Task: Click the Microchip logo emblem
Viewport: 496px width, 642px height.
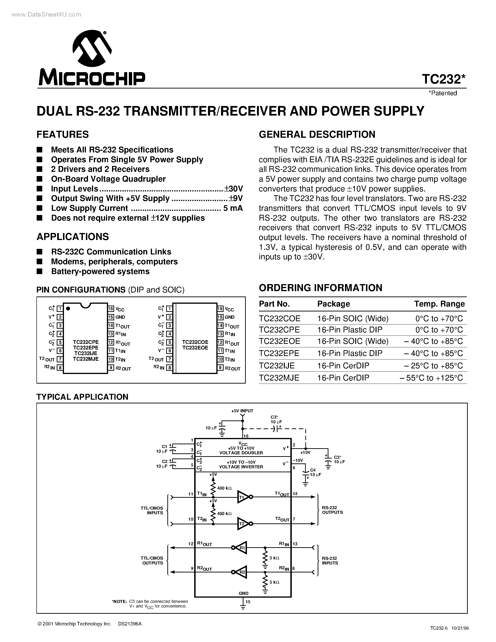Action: (x=92, y=48)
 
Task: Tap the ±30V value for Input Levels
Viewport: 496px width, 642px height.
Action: (x=234, y=189)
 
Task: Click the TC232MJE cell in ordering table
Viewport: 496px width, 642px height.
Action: (x=279, y=378)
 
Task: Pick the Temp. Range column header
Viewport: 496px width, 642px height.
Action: (x=439, y=304)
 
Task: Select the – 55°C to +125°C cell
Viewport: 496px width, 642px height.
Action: (x=431, y=378)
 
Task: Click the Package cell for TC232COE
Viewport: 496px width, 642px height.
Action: (x=353, y=318)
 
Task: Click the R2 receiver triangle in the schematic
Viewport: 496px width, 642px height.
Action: (x=241, y=572)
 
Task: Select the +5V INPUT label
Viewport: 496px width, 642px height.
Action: (x=242, y=411)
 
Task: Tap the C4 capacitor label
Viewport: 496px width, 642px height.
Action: (x=313, y=470)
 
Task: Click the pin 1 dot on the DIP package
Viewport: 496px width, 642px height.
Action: (x=68, y=308)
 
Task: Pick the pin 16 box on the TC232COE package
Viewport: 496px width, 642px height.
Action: (x=220, y=309)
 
